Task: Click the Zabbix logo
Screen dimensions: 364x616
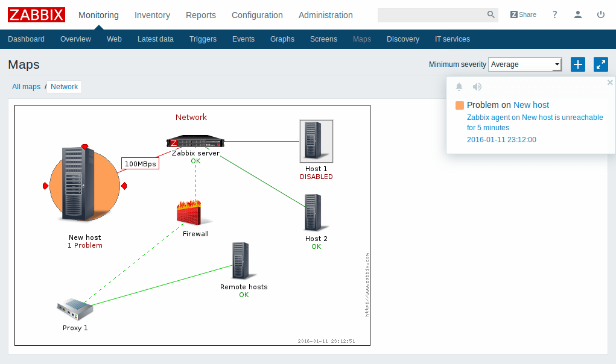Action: point(36,14)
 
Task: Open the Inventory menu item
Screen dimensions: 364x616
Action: point(152,15)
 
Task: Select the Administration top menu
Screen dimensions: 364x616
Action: point(325,15)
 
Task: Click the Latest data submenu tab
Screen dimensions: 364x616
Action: point(155,39)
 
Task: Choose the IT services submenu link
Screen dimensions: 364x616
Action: point(452,39)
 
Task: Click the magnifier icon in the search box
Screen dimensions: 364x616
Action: point(491,14)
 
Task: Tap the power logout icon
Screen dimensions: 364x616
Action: point(600,14)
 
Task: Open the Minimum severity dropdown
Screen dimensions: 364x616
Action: point(525,64)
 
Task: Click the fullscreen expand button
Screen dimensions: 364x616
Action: point(600,64)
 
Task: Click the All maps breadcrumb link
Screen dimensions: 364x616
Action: point(26,87)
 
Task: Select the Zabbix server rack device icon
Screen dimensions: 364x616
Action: point(195,142)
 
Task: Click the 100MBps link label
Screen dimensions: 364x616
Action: point(140,163)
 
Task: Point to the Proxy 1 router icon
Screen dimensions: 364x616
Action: point(75,310)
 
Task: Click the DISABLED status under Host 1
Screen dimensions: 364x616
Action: point(316,177)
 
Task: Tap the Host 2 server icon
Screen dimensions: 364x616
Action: point(313,212)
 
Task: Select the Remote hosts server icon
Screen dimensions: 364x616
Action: point(241,260)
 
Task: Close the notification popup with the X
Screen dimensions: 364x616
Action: point(609,83)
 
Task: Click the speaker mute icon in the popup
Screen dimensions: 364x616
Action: point(477,87)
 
